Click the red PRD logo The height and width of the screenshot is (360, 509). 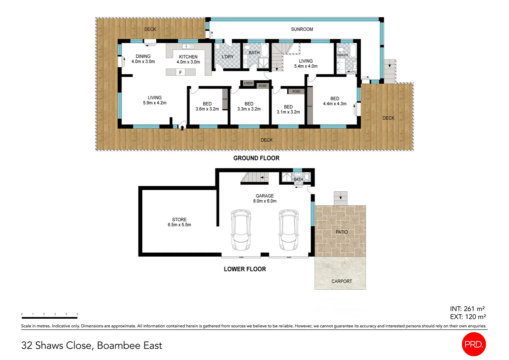474,344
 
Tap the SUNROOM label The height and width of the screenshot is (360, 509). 302,29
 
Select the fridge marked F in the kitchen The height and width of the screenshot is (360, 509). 180,72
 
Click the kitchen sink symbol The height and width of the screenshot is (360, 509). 188,46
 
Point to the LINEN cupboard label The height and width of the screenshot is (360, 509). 248,83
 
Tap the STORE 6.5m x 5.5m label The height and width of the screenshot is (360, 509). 179,222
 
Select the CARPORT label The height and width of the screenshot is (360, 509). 341,281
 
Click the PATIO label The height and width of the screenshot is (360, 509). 341,232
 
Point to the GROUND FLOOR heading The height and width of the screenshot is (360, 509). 256,158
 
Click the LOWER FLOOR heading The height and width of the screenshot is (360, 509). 245,269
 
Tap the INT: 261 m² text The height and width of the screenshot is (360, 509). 467,309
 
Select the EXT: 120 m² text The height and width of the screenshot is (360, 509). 468,317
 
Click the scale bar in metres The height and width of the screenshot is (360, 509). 49,318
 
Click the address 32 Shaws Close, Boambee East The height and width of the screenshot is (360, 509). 92,345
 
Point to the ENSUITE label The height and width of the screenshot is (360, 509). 342,55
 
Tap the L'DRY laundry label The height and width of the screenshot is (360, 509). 228,57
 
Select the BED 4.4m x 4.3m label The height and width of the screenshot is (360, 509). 334,101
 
